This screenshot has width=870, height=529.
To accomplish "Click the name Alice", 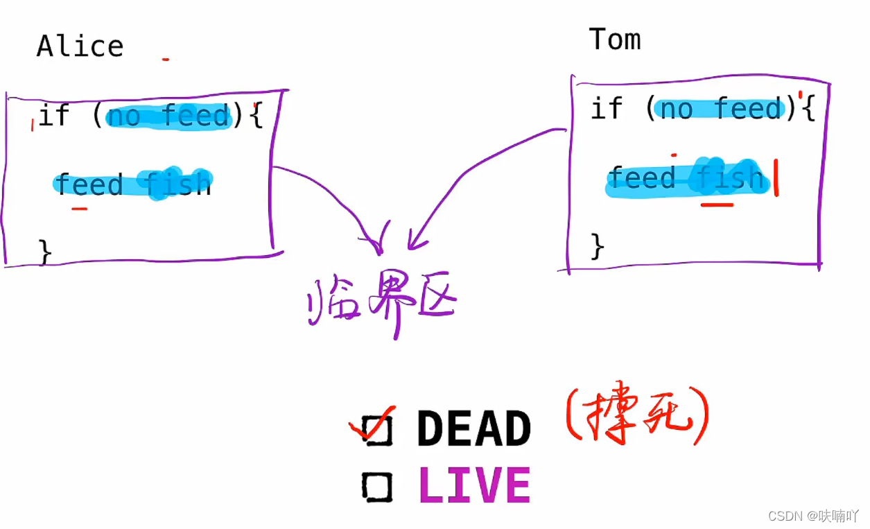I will point(80,46).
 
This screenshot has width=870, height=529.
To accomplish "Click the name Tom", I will point(614,40).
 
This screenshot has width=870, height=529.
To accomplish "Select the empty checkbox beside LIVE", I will point(377,486).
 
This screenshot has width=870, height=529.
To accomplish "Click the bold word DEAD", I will point(474,429).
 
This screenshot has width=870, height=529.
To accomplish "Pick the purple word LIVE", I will point(475,485).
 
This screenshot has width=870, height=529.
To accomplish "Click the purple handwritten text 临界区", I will point(381,305).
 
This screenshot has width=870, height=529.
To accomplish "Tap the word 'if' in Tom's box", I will point(607,109).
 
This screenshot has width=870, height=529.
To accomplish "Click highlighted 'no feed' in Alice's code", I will point(168,116).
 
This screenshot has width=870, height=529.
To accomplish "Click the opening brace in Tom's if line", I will point(808,109).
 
